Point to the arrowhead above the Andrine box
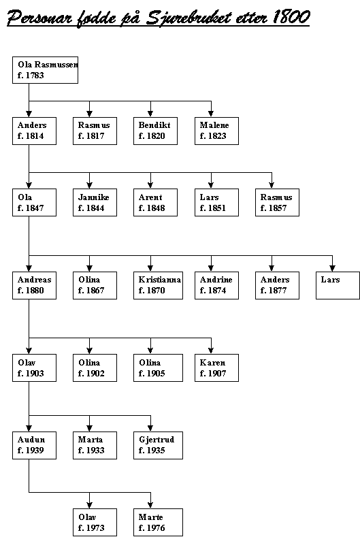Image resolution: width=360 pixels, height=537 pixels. tap(211, 268)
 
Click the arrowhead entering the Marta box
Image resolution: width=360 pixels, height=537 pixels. tap(89, 428)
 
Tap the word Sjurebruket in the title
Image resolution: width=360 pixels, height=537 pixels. tap(189, 18)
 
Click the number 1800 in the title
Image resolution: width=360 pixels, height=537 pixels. tap(291, 17)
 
